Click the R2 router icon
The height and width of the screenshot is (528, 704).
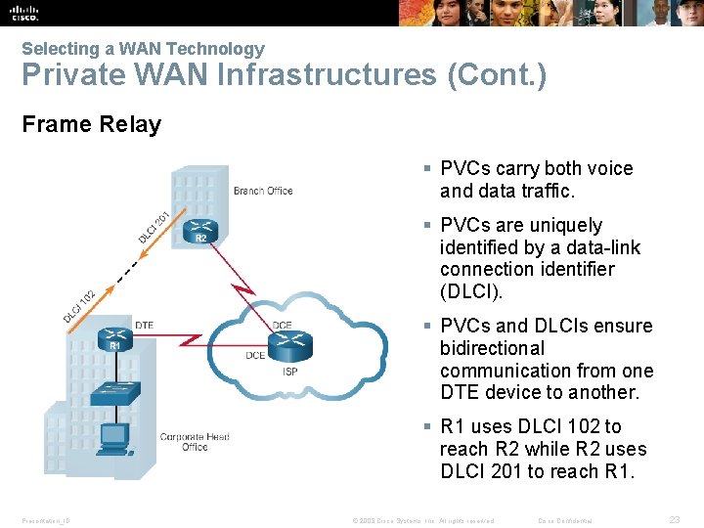click(201, 231)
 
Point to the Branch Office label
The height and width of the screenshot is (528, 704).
click(263, 191)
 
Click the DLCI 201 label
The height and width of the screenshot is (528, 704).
click(154, 227)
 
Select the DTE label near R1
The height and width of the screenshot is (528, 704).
click(144, 325)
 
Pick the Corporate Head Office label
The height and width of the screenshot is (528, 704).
click(195, 442)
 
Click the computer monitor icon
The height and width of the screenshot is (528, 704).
click(115, 436)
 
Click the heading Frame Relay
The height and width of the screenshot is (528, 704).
click(91, 124)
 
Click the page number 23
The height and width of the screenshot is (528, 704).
click(674, 520)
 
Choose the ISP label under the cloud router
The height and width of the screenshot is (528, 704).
click(290, 372)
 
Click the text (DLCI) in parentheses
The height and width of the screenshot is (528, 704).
click(472, 291)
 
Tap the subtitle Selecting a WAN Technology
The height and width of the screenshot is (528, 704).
click(143, 48)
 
